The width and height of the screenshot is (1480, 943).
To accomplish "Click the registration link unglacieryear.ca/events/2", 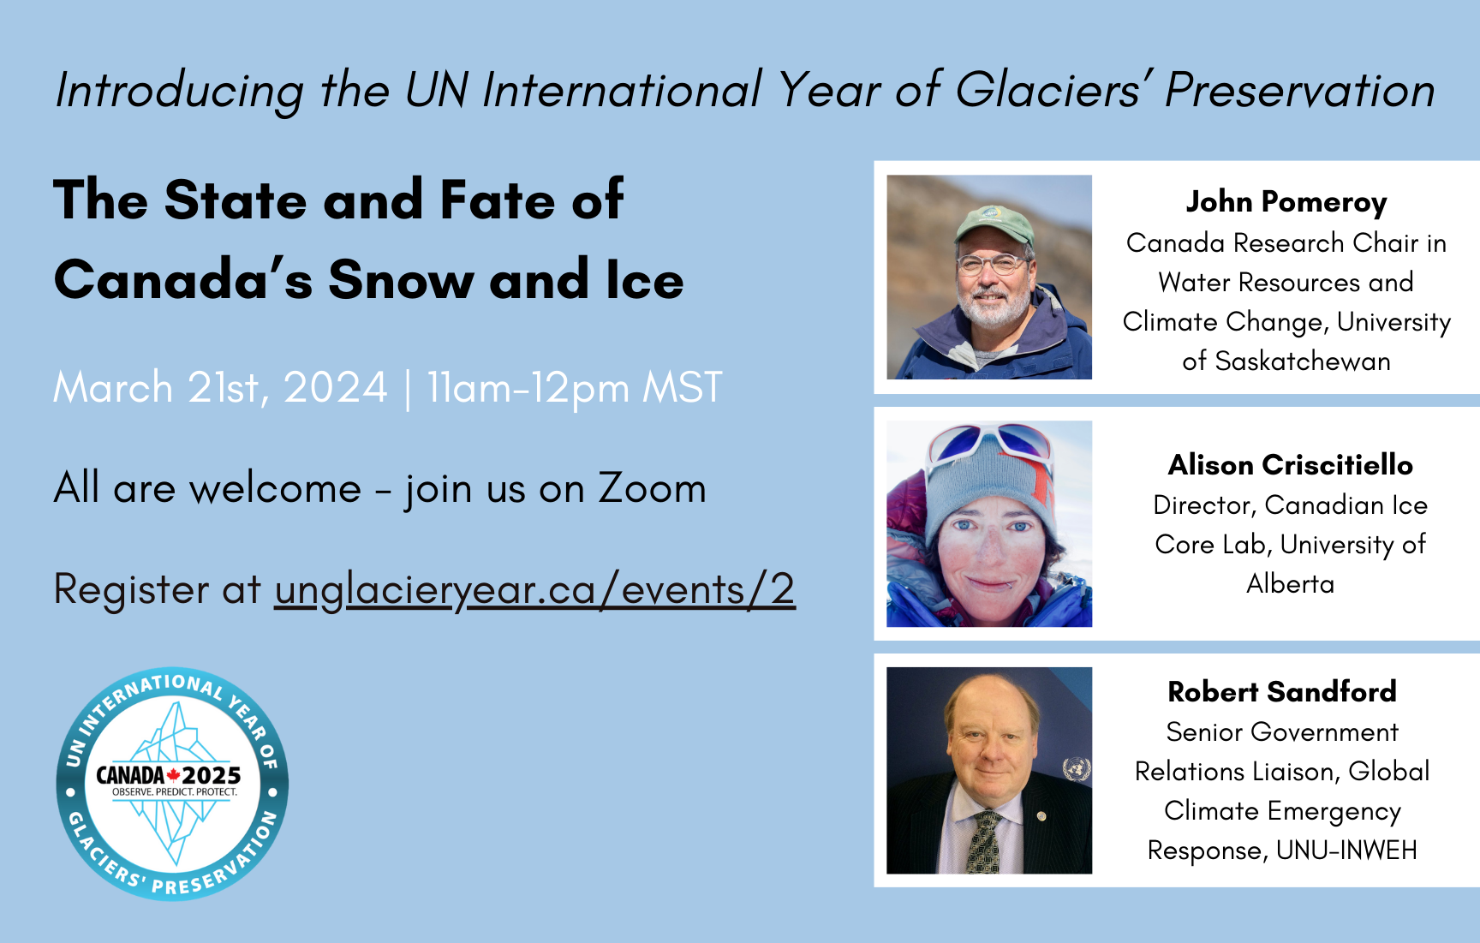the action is click(534, 591).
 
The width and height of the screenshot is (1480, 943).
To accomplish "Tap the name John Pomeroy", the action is click(1286, 202).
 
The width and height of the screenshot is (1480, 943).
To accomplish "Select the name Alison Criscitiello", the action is click(1291, 465).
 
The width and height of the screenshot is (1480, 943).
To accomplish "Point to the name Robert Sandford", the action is click(1282, 691).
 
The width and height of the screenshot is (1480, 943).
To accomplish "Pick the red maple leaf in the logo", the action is click(173, 775).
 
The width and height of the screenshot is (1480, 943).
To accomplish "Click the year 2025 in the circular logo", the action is click(212, 775).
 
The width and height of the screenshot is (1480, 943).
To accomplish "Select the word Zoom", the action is click(653, 488).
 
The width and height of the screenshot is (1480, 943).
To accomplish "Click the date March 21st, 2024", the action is click(221, 388).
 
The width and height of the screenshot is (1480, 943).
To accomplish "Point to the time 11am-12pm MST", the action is click(575, 388).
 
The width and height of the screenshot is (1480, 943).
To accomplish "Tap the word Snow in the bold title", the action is click(400, 280).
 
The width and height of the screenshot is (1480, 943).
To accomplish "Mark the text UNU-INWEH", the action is click(1347, 850).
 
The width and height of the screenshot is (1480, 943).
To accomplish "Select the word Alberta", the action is click(1291, 584).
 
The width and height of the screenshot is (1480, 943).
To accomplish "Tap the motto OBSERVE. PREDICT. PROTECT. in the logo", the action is click(175, 792).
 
